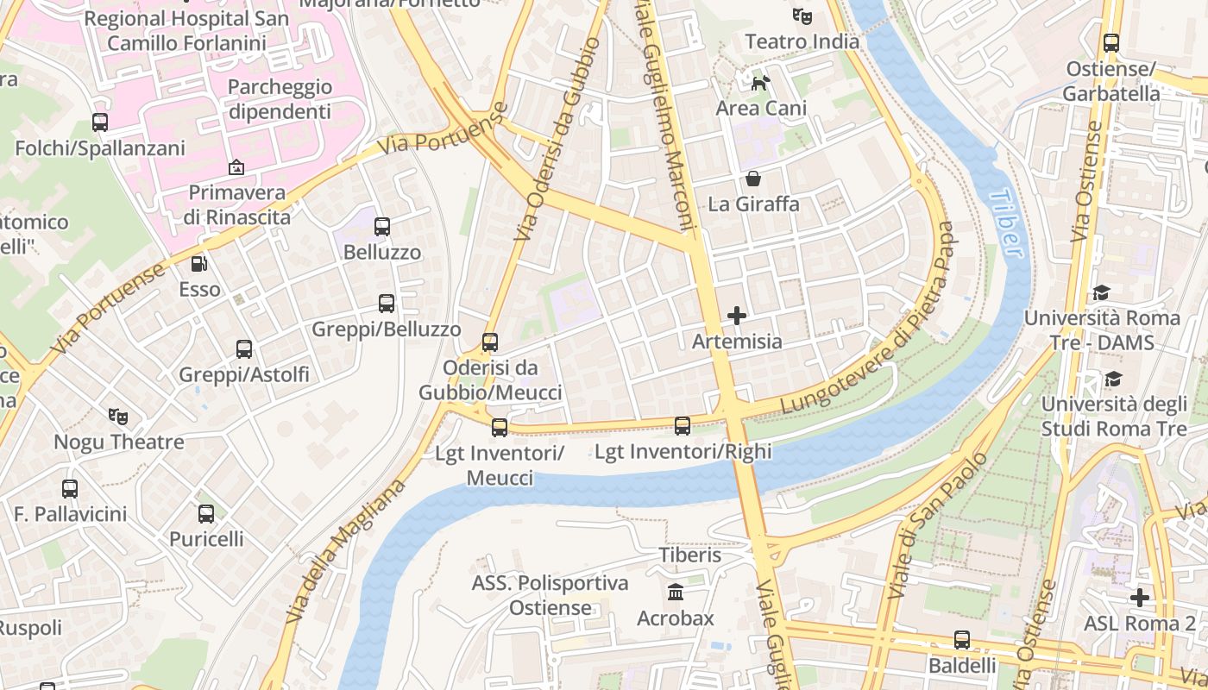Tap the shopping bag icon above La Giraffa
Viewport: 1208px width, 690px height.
coord(753,179)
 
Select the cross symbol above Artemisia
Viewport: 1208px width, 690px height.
coord(736,316)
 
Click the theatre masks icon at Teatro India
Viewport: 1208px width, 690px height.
coord(802,16)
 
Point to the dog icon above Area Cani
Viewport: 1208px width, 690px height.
coord(760,83)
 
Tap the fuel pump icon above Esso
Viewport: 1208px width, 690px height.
coord(199,264)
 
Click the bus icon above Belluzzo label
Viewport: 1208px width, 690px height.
coord(382,227)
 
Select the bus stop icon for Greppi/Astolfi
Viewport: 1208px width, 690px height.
coord(244,349)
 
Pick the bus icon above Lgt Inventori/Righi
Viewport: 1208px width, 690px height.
coord(683,425)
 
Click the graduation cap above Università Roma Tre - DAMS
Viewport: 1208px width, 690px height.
coord(1100,293)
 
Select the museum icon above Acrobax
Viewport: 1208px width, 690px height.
coord(676,593)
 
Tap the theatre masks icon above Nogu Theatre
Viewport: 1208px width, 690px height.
coord(118,417)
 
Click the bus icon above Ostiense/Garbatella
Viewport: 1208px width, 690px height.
coord(1111,43)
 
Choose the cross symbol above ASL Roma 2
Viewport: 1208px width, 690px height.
coord(1140,597)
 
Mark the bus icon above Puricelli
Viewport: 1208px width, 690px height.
coord(206,514)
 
